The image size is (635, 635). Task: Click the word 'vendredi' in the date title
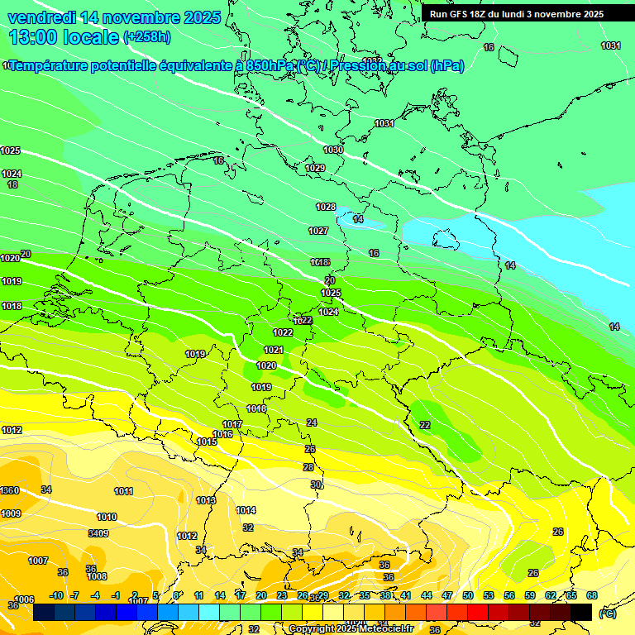click(43, 17)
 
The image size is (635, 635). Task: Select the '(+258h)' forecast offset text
click(147, 36)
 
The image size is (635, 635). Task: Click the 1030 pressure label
click(333, 150)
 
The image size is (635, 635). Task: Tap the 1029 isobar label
click(315, 168)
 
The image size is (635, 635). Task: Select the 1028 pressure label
click(326, 207)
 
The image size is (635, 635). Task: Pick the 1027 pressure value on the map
click(318, 231)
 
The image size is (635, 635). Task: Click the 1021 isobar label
click(274, 350)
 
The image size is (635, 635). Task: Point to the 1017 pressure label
click(232, 424)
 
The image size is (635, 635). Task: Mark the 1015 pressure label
click(207, 442)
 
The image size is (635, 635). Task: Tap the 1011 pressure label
click(123, 491)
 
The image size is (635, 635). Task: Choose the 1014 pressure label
click(246, 510)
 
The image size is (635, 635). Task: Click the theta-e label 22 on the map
click(425, 425)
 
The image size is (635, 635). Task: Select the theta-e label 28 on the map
click(308, 467)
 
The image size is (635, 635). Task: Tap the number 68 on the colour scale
click(591, 595)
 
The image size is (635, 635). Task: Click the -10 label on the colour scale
click(56, 595)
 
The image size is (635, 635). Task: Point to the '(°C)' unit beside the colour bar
click(608, 614)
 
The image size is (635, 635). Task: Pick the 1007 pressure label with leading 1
click(38, 561)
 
